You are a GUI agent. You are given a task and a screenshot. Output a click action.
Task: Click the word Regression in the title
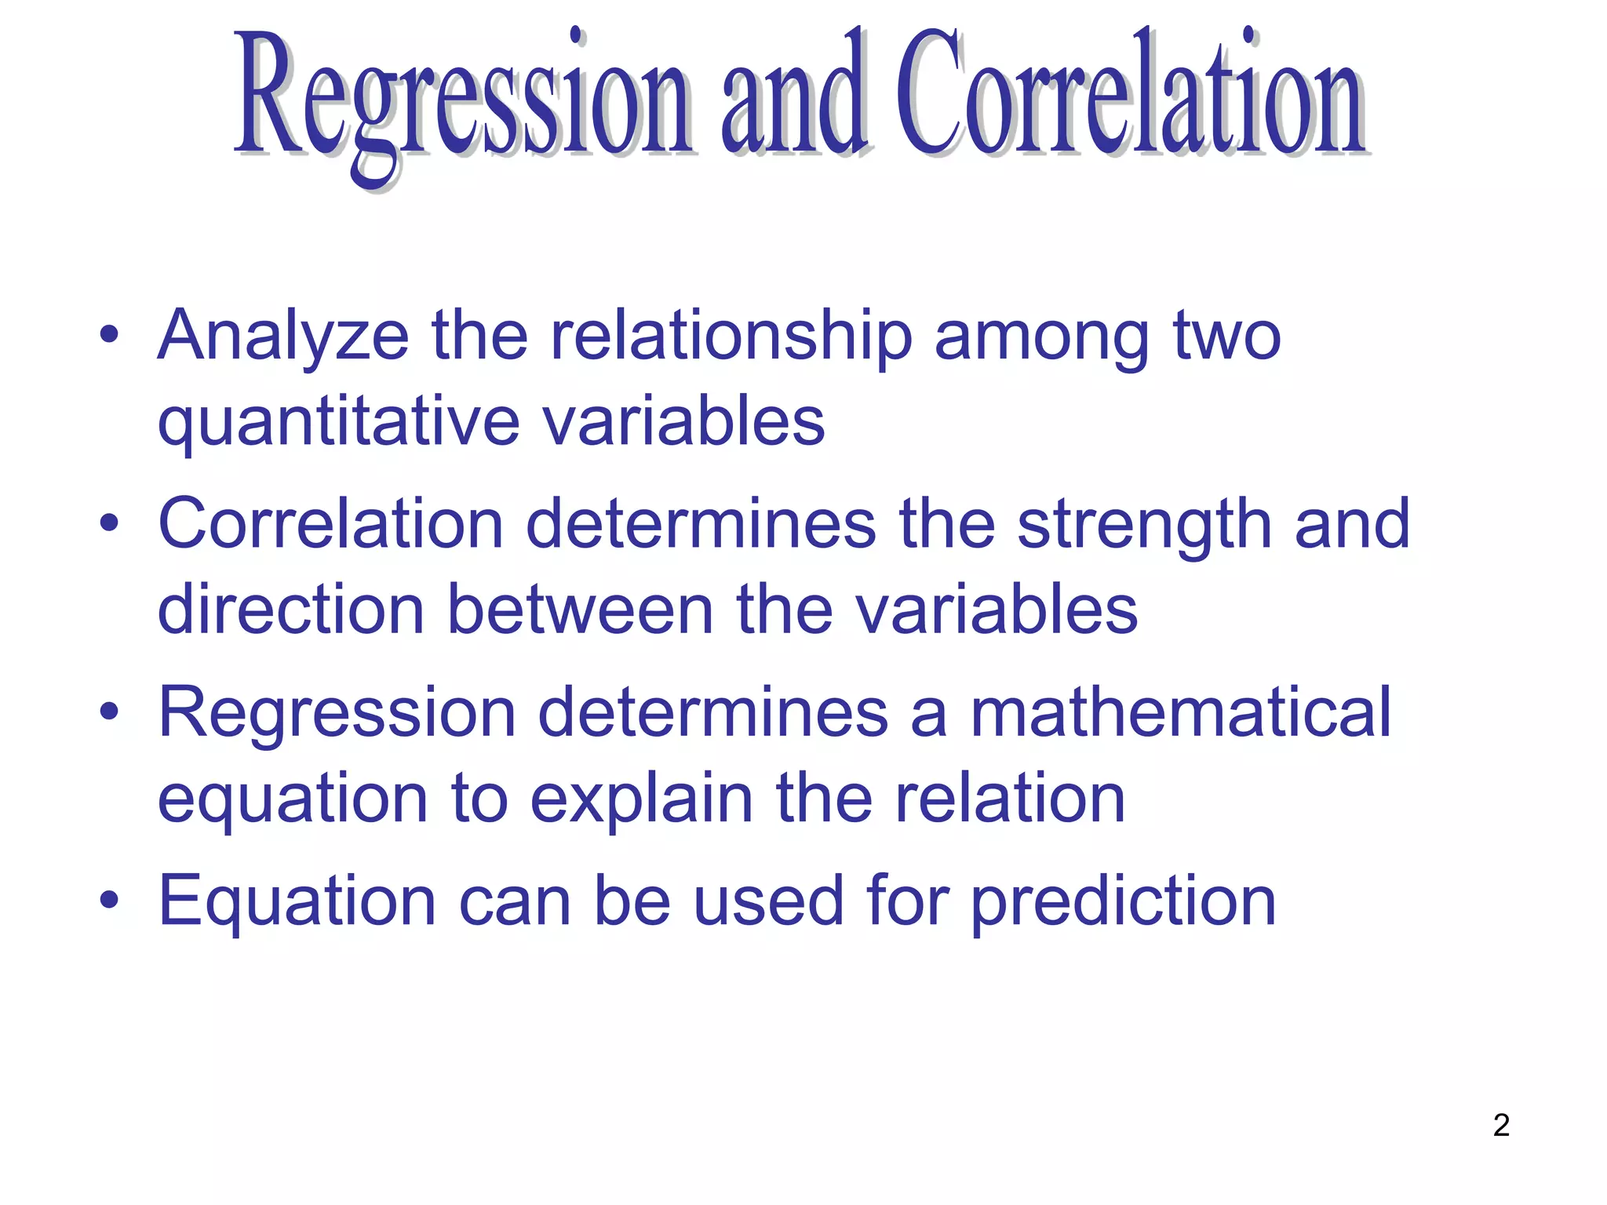(x=463, y=98)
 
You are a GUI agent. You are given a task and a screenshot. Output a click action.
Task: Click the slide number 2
(x=1501, y=1125)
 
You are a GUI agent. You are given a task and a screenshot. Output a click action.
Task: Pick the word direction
(x=290, y=610)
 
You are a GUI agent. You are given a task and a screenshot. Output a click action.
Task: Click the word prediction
(x=1123, y=902)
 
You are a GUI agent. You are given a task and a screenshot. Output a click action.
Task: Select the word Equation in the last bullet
(x=297, y=902)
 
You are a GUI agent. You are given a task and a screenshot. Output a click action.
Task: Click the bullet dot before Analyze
(x=109, y=336)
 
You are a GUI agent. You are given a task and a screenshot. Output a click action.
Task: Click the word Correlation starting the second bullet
(x=330, y=524)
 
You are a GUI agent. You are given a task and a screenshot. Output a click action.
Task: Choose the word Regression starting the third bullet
(x=337, y=714)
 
